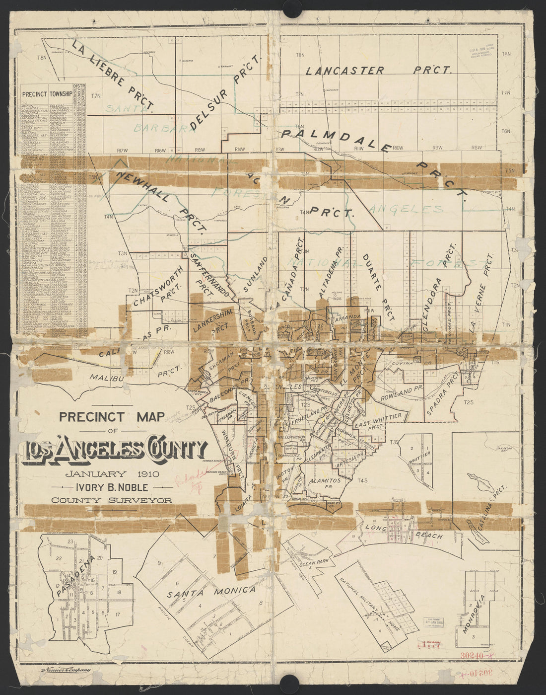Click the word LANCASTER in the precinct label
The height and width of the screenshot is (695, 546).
(344, 71)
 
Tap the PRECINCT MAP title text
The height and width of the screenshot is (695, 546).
(111, 416)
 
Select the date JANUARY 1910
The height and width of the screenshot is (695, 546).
(111, 473)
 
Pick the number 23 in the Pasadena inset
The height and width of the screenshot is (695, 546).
(71, 541)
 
